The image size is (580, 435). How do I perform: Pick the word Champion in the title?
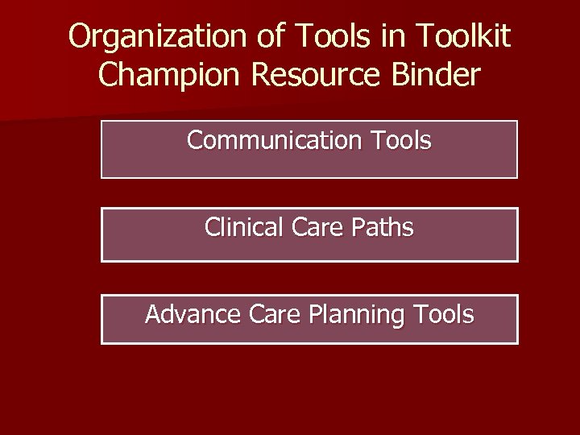(x=170, y=75)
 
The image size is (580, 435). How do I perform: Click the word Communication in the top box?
(x=275, y=140)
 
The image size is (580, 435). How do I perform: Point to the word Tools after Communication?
(x=401, y=140)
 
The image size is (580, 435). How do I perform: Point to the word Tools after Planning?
(x=443, y=314)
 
